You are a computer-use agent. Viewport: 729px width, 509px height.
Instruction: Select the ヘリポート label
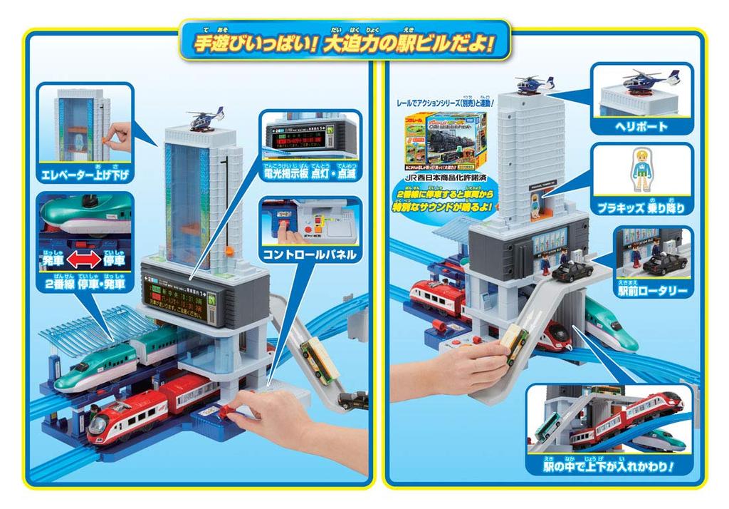[x=641, y=127]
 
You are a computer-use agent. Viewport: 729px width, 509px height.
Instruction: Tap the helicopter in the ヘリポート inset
[x=641, y=82]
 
